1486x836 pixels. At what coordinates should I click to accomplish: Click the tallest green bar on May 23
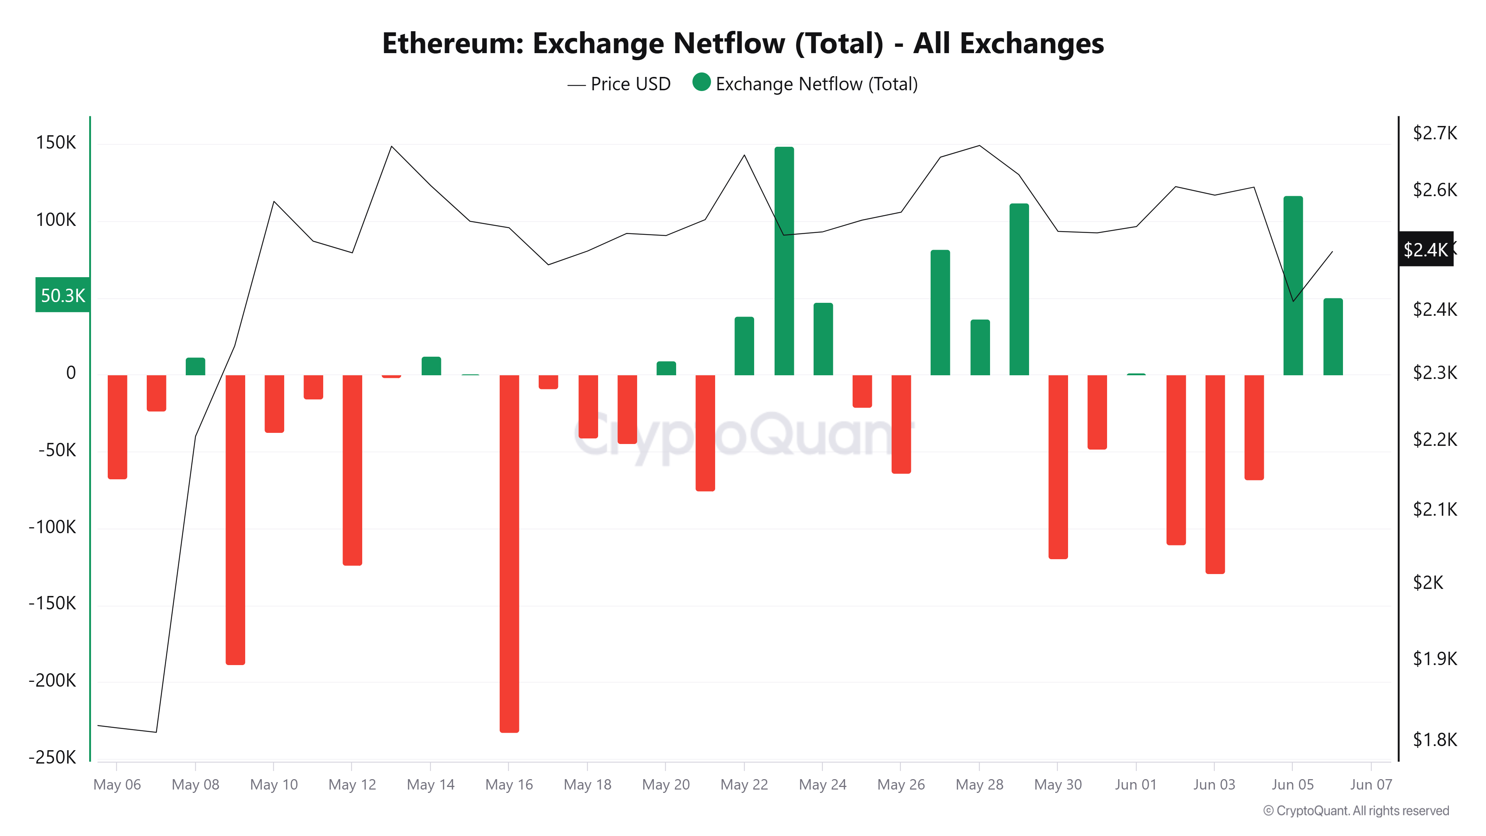[784, 261]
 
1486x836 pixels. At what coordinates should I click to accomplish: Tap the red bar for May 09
[235, 519]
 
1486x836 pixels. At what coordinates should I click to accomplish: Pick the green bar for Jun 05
[1293, 286]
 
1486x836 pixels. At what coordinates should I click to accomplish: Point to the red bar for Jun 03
[1214, 474]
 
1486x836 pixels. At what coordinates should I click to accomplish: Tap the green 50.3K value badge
[62, 295]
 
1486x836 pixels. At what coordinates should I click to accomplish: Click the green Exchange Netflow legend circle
[701, 82]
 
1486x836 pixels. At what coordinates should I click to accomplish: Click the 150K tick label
[56, 143]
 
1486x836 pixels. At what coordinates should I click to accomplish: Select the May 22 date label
[744, 785]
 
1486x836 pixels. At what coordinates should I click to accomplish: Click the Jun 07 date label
[1370, 785]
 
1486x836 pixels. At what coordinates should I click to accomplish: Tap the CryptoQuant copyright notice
[1356, 811]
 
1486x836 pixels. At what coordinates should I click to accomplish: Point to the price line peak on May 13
[392, 146]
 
